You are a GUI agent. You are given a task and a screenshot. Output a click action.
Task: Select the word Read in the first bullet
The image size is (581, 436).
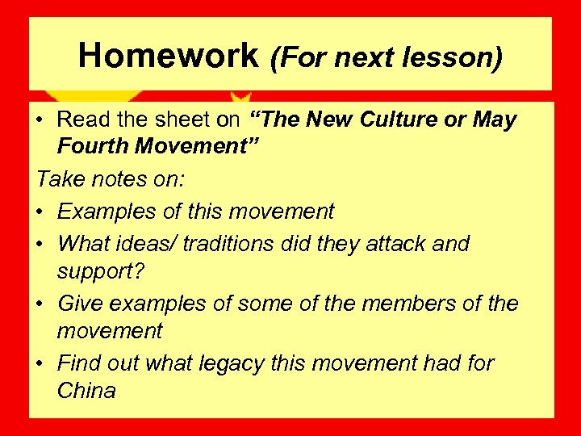tap(83, 120)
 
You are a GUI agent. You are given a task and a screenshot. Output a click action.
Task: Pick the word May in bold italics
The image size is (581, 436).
tap(493, 120)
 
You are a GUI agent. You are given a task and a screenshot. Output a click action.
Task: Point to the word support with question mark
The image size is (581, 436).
tap(100, 272)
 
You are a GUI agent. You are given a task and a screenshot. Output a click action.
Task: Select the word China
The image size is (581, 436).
tap(86, 392)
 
